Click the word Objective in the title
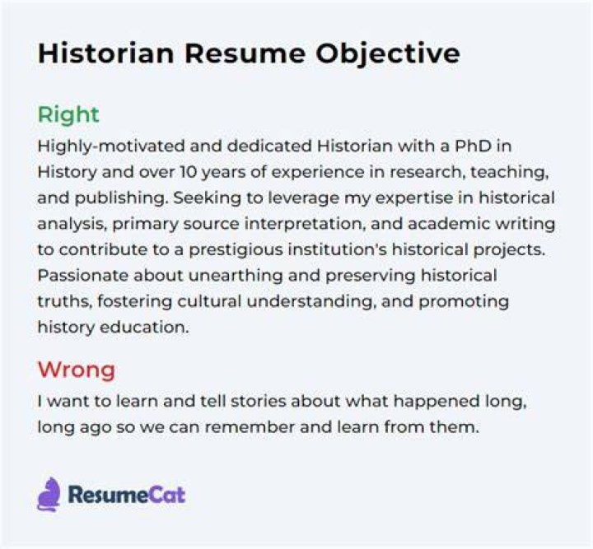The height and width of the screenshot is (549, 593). [x=388, y=54]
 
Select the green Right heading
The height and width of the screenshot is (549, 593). [x=68, y=115]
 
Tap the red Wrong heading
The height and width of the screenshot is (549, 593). [x=77, y=370]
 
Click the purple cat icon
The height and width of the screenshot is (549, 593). [x=49, y=494]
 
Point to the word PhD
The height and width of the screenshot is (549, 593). [x=473, y=146]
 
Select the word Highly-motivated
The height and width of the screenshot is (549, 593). [x=111, y=147]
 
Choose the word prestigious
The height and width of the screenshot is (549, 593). [x=236, y=250]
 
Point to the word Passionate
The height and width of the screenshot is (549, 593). [x=83, y=276]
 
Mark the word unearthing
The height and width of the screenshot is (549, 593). [x=236, y=277]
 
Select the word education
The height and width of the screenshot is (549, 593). [x=143, y=328]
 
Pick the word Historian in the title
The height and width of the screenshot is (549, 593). [x=106, y=54]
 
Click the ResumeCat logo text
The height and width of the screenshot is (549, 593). [x=127, y=495]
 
